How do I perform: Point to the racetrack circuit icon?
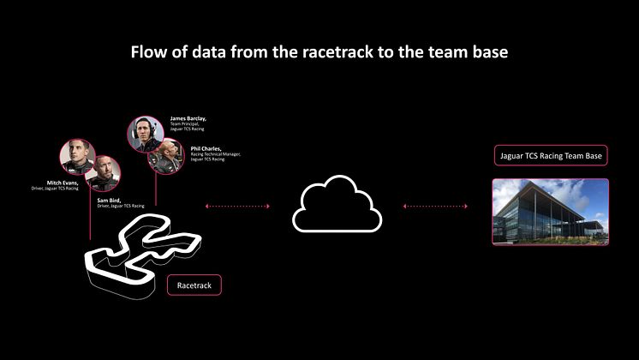141,253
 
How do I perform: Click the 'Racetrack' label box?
194,285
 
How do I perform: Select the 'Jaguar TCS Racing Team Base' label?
551,156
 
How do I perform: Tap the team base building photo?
550,212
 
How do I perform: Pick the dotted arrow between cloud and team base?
436,206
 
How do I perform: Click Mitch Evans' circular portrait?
76,157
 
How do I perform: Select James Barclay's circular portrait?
146,134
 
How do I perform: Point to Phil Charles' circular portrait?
166,156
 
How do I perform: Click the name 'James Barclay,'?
188,118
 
